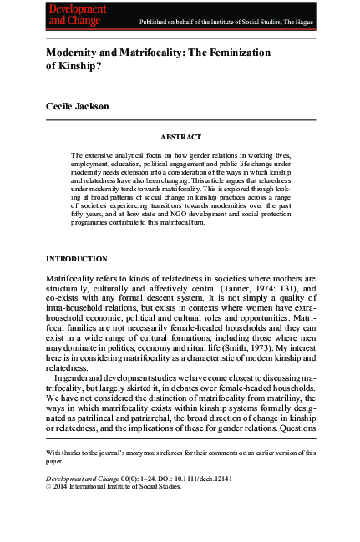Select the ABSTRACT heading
click(180, 135)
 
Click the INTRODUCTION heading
click(77, 259)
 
